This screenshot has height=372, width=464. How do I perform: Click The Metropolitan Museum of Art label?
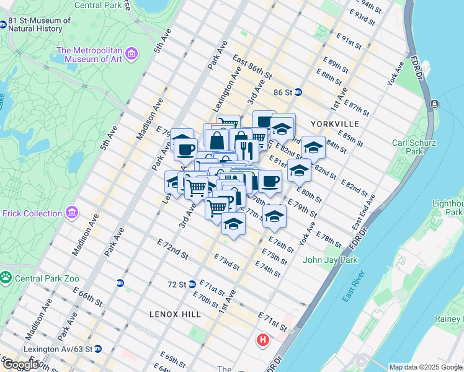point(90,55)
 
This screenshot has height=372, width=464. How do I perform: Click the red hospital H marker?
point(263,340)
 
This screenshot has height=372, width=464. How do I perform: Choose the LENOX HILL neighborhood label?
point(175,314)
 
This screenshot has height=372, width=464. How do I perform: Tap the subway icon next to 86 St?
point(298,92)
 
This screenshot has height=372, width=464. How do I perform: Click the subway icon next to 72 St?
point(192,284)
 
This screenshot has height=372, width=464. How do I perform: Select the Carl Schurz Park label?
point(408,147)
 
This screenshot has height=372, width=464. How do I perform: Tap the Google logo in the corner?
point(20,365)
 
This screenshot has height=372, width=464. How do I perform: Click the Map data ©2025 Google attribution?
point(425,367)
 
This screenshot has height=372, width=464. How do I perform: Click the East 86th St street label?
point(252,67)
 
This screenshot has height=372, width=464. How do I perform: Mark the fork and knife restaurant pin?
point(247,150)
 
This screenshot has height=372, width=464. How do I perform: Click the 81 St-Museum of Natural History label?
point(38,24)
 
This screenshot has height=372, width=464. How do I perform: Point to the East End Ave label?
point(364,212)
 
